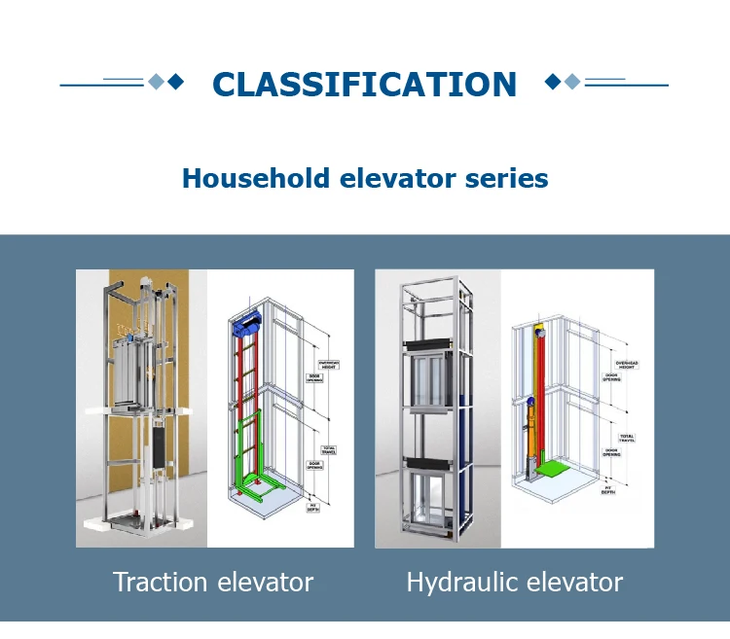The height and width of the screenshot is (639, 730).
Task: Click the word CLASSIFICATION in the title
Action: click(364, 85)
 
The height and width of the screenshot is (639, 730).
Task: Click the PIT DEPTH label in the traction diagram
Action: click(313, 507)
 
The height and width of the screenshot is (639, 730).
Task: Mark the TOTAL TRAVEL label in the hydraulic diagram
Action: click(626, 439)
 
